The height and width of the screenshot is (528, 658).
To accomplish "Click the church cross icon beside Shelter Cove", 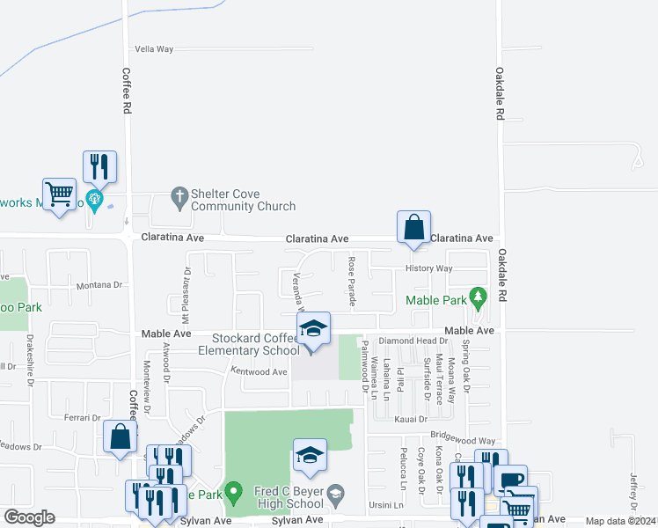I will click(179, 197).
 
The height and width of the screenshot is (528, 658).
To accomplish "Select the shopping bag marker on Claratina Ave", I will click(413, 228).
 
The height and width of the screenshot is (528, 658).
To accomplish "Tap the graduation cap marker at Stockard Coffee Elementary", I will click(312, 331).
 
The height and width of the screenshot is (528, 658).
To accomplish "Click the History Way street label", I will click(428, 268).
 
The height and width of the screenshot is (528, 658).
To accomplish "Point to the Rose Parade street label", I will click(352, 282).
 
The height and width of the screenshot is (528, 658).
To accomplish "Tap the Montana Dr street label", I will click(99, 285).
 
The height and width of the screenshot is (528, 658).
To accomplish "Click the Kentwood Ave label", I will click(260, 372).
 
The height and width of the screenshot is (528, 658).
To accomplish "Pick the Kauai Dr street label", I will click(410, 420).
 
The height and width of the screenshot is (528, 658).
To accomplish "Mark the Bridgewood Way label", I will click(463, 436).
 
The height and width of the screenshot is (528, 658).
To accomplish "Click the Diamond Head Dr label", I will click(413, 341).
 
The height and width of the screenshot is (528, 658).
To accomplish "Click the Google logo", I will click(30, 517).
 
